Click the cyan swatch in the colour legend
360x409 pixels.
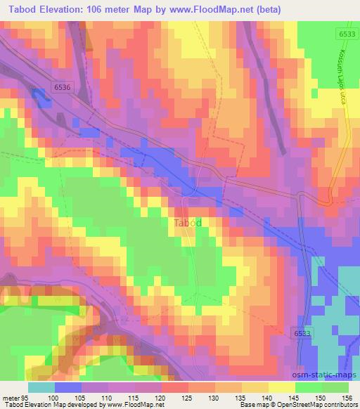tap(41, 387)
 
